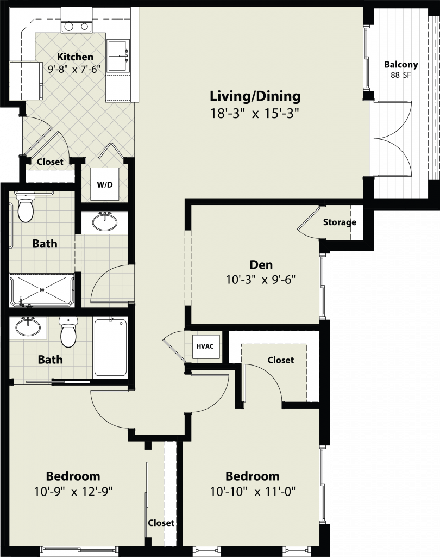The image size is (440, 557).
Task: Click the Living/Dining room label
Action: point(255,97)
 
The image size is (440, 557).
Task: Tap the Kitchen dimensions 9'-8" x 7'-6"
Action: point(74,69)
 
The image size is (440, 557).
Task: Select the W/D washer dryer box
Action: point(105,184)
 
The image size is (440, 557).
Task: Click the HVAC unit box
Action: point(205,346)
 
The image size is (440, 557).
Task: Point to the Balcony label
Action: point(401,65)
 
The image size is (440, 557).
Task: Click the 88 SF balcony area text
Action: point(401,75)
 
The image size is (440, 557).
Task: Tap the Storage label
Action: point(340,222)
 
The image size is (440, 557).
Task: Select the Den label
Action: point(261,265)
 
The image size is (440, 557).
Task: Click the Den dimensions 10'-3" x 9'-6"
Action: point(261,280)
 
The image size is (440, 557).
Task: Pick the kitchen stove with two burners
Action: point(77,27)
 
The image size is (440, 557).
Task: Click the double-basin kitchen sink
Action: point(118,56)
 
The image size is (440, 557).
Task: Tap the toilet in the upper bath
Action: point(26,207)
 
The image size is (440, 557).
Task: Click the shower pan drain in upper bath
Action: point(42,290)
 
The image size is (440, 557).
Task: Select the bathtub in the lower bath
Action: point(110,348)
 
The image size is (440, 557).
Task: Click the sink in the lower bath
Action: point(28,328)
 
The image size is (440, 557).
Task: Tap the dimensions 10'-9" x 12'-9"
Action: point(73,492)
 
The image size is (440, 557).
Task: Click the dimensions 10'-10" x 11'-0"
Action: point(253,492)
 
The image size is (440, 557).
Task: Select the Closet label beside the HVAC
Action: point(281,360)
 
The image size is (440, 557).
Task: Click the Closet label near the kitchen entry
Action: point(50,162)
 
